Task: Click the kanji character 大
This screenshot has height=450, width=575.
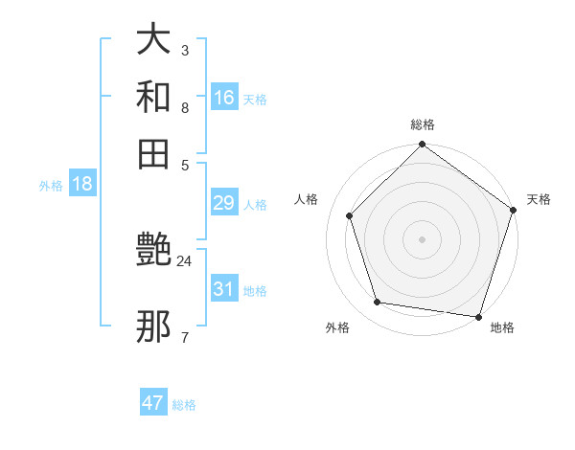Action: click(153, 40)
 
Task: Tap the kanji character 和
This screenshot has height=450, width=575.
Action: click(153, 98)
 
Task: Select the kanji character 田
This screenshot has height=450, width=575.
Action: click(153, 154)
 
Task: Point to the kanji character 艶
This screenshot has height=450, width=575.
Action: click(153, 252)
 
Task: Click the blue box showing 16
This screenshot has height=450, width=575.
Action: click(224, 98)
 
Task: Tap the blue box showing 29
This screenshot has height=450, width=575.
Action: click(224, 203)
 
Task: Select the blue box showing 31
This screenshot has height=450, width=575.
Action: click(224, 289)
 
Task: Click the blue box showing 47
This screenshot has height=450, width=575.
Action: click(153, 403)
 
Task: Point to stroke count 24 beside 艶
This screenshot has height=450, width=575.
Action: click(185, 260)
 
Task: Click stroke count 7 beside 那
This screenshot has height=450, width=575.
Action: click(185, 337)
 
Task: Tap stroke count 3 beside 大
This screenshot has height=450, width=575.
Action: click(185, 50)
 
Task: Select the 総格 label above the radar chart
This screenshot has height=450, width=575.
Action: click(423, 124)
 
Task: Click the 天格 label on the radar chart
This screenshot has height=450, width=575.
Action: click(539, 199)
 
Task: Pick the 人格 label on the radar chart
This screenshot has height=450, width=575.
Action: click(307, 199)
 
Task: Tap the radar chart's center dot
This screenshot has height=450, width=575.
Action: click(423, 238)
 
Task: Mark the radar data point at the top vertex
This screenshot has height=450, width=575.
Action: click(423, 146)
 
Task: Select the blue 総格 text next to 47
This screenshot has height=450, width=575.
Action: click(184, 405)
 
